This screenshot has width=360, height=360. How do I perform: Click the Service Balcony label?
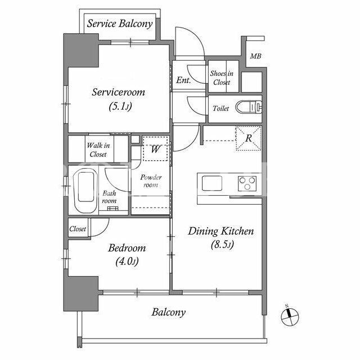(x=120, y=24)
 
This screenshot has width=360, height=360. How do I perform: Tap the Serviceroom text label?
(x=119, y=92)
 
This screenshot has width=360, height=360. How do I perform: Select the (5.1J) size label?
(x=120, y=106)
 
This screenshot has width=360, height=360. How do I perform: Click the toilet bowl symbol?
(x=249, y=107)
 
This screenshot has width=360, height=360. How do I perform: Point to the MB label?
(x=255, y=56)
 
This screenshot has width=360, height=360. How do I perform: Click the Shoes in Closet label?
(x=222, y=78)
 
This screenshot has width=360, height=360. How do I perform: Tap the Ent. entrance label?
(x=183, y=80)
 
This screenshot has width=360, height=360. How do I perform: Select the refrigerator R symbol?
(x=249, y=138)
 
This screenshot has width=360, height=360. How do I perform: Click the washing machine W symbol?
(x=155, y=148)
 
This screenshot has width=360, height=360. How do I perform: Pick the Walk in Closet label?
(x=98, y=150)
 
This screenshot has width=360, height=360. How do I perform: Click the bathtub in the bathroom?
(x=85, y=190)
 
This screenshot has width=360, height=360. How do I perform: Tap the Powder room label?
(x=151, y=181)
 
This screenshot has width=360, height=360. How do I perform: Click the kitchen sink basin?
(x=212, y=183)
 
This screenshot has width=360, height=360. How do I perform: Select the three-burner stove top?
(x=247, y=183)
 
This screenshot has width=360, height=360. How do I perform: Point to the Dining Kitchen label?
(x=221, y=231)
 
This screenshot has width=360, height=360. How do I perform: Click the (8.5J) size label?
(x=222, y=245)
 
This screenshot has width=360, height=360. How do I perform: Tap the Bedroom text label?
(x=127, y=248)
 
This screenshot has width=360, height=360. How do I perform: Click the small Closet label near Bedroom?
(x=78, y=229)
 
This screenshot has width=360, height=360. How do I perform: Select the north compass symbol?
(x=290, y=317)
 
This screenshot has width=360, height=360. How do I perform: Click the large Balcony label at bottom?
(x=169, y=312)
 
